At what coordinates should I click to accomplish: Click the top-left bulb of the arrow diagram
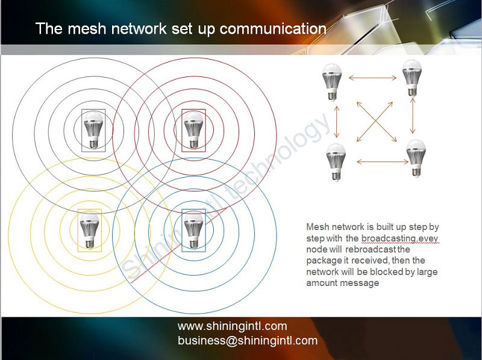click(332, 82)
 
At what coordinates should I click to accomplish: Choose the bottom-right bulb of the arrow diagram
click(415, 158)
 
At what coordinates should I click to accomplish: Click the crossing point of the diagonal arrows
click(374, 120)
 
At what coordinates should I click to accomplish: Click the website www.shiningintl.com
click(232, 327)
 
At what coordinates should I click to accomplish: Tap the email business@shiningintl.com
click(247, 341)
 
